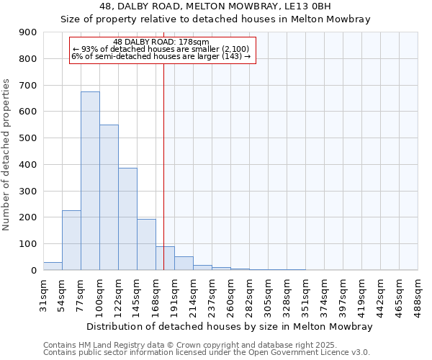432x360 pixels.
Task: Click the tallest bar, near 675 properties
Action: point(90,181)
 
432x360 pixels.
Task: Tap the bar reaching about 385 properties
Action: point(127,219)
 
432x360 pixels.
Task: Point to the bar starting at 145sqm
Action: point(146,244)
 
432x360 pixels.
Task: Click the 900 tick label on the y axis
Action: point(27,32)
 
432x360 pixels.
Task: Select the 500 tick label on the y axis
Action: point(27,138)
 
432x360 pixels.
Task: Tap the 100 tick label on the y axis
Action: point(27,244)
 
